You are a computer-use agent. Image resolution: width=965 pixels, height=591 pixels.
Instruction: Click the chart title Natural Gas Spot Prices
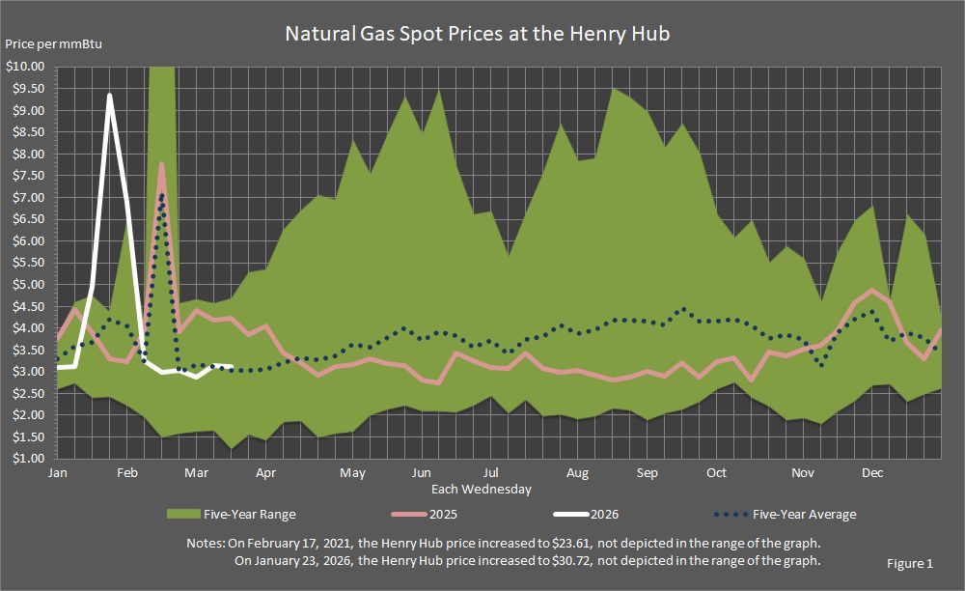coord(477,34)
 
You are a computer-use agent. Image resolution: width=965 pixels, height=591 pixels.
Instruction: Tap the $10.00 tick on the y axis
coord(25,67)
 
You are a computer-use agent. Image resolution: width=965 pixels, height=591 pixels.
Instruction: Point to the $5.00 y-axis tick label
coord(28,285)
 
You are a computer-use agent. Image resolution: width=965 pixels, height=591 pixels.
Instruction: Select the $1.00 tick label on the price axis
coord(28,459)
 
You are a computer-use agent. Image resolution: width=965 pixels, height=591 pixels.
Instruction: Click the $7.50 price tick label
coord(28,176)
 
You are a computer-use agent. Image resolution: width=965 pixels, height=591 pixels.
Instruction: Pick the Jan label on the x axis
coord(58,473)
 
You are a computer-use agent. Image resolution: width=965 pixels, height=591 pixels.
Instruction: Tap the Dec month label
coord(872,473)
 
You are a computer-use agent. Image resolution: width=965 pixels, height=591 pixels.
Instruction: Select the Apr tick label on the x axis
coord(266,473)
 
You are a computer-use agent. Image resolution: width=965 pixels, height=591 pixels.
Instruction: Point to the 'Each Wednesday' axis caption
coord(482,490)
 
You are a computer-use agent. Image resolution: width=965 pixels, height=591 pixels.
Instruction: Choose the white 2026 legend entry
coord(590,514)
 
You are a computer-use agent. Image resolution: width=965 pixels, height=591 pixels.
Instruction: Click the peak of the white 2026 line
coord(110,95)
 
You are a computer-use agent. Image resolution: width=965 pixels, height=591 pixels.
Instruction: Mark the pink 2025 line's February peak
coord(161,163)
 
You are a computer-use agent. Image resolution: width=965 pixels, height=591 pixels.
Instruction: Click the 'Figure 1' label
coord(910,563)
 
